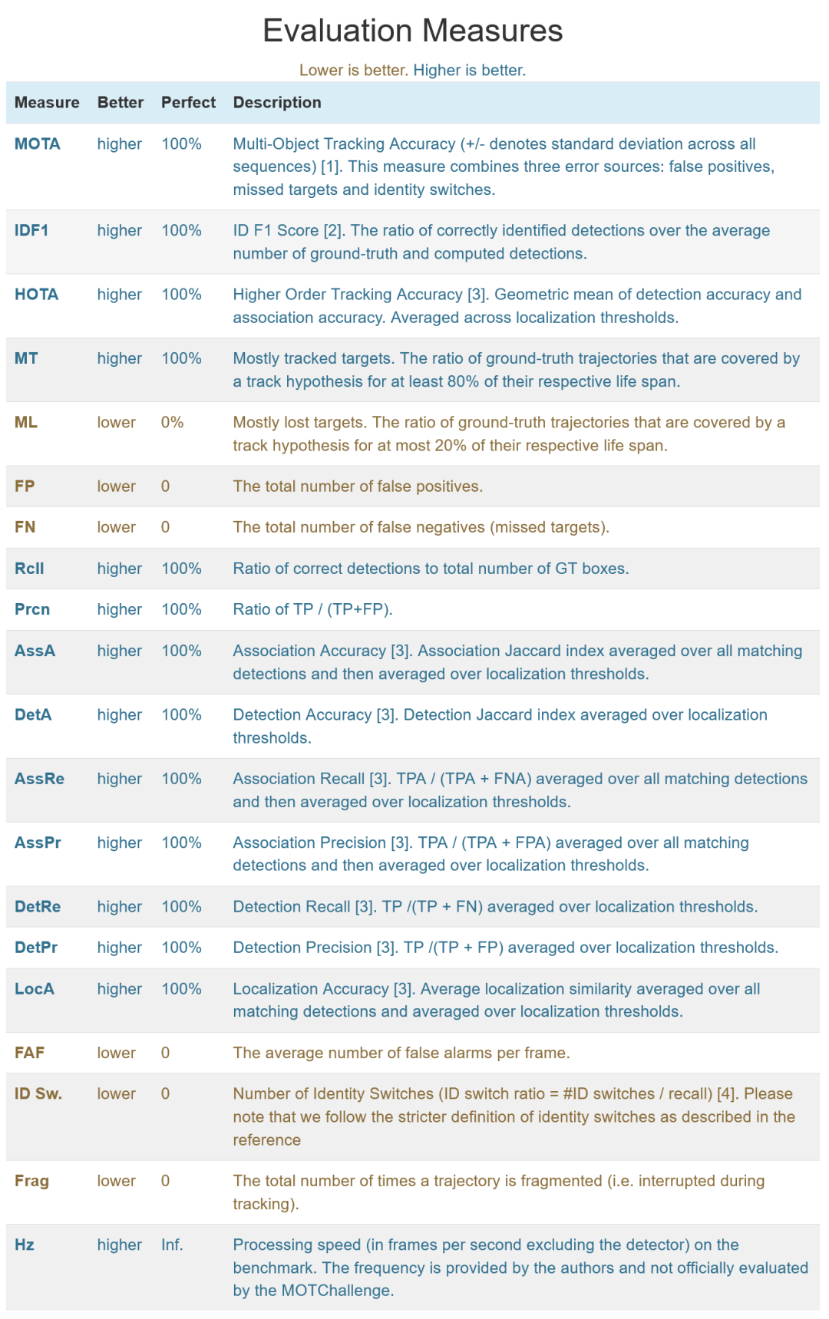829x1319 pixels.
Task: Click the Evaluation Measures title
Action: click(x=413, y=31)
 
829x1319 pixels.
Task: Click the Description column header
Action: click(x=277, y=103)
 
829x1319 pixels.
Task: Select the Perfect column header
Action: click(x=188, y=103)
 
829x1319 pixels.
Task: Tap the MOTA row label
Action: click(x=37, y=144)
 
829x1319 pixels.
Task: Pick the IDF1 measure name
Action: click(x=31, y=231)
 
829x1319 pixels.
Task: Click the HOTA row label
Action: click(x=36, y=295)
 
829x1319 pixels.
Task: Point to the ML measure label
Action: click(x=25, y=423)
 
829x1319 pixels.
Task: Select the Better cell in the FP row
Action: click(x=116, y=486)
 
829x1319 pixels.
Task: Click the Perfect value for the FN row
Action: click(x=165, y=527)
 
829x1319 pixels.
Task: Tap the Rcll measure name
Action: click(x=29, y=569)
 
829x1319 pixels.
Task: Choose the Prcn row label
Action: click(x=32, y=610)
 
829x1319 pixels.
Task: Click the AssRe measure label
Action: click(x=39, y=779)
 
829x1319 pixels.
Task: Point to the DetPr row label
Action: click(x=36, y=948)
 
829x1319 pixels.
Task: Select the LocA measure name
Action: click(x=34, y=989)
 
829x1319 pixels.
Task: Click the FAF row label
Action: click(x=29, y=1053)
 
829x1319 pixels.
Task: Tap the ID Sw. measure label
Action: click(x=38, y=1094)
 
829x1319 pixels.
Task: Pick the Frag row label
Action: click(x=31, y=1181)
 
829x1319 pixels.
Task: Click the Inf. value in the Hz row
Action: click(x=172, y=1245)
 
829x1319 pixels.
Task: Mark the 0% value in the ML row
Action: click(x=172, y=423)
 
